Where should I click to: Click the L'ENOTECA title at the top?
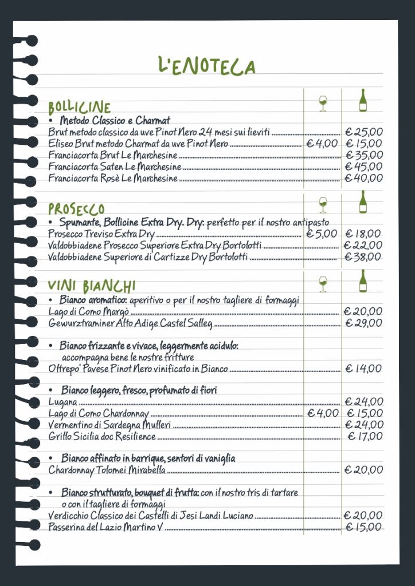pyautogui.click(x=207, y=66)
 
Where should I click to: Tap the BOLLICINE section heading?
pyautogui.click(x=80, y=108)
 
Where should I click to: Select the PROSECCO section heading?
pyautogui.click(x=77, y=209)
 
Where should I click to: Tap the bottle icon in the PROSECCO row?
pyautogui.click(x=363, y=202)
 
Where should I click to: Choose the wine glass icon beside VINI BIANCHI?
pyautogui.click(x=323, y=283)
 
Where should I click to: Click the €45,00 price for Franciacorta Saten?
pyautogui.click(x=363, y=167)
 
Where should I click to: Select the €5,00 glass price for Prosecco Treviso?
pyautogui.click(x=322, y=233)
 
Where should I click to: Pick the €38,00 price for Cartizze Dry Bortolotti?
pyautogui.click(x=363, y=257)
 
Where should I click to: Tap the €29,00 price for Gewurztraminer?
pyautogui.click(x=363, y=323)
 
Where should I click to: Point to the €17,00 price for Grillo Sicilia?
pyautogui.click(x=365, y=437)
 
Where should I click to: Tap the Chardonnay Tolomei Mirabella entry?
pyautogui.click(x=107, y=470)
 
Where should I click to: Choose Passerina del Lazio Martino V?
pyautogui.click(x=105, y=527)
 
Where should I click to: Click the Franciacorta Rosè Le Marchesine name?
pyautogui.click(x=113, y=179)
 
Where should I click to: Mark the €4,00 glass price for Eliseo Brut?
pyautogui.click(x=322, y=144)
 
